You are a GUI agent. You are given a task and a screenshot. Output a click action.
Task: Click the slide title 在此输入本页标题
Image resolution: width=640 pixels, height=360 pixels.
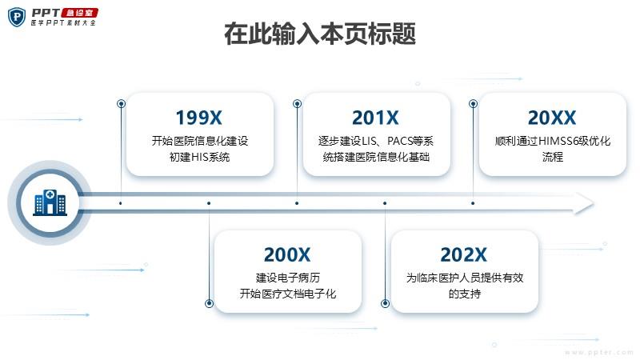[320, 34]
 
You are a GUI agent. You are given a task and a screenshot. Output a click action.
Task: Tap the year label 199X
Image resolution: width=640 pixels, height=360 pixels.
[198, 118]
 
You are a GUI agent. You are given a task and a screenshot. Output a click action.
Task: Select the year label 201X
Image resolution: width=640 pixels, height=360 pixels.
[375, 118]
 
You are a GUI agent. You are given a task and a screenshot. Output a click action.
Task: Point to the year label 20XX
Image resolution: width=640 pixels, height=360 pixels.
[552, 118]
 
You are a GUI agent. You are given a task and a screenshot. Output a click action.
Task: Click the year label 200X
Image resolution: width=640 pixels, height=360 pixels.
[287, 254]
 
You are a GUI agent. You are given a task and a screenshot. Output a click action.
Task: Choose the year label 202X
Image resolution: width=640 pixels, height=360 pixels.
[464, 254]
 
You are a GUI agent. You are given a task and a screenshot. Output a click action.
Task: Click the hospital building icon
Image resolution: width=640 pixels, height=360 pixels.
[50, 202]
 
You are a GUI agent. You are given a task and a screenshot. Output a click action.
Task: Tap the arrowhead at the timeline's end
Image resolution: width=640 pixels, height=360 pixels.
[583, 203]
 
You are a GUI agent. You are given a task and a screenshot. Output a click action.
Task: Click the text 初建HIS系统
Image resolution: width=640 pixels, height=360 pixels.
[199, 157]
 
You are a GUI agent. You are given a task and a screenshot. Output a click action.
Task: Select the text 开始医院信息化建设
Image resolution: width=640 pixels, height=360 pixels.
[200, 141]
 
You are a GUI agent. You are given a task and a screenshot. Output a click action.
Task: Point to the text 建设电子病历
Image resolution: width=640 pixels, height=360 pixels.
[288, 278]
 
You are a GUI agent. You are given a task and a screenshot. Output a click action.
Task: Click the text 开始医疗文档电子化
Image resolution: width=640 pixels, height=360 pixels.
[288, 294]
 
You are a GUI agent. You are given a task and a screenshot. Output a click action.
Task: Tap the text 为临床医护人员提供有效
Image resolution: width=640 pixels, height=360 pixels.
[465, 278]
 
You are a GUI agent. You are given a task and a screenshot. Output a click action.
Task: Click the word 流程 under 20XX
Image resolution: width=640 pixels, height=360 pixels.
[553, 157]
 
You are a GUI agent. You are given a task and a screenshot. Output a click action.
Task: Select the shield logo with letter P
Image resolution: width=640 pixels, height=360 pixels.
[17, 17]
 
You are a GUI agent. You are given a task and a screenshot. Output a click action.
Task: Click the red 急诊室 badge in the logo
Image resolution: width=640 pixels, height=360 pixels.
[79, 13]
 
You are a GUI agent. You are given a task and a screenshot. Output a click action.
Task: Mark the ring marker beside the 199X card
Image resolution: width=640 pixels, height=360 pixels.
[121, 104]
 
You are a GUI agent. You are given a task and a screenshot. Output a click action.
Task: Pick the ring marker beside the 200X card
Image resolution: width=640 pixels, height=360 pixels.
[209, 303]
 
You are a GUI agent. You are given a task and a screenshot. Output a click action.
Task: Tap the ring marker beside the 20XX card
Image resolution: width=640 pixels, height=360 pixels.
[473, 104]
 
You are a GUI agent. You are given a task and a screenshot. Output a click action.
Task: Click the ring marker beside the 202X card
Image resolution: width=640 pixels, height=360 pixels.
[385, 303]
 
